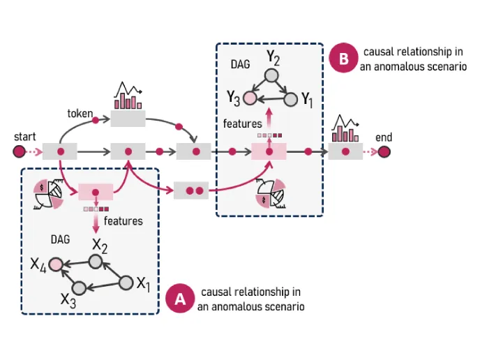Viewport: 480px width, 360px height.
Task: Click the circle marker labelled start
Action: pyautogui.click(x=19, y=151)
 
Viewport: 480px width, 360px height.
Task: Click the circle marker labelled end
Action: pyautogui.click(x=384, y=151)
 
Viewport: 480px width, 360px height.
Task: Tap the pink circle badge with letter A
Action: pyautogui.click(x=179, y=299)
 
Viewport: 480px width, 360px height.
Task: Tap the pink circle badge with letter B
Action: pyautogui.click(x=343, y=60)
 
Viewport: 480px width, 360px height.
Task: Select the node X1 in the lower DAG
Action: pyautogui.click(x=126, y=283)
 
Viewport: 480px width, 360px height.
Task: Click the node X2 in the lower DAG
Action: pyautogui.click(x=98, y=260)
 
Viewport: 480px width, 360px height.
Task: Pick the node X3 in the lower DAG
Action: pyautogui.click(x=79, y=287)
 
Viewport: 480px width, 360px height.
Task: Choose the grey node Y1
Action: pyautogui.click(x=291, y=100)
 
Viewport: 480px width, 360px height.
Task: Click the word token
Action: pyautogui.click(x=80, y=113)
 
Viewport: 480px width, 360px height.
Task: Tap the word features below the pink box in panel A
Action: pyautogui.click(x=123, y=220)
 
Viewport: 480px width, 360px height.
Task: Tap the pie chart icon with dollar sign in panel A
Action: pyautogui.click(x=47, y=194)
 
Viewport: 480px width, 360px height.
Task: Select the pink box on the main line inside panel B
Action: pyautogui.click(x=269, y=151)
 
